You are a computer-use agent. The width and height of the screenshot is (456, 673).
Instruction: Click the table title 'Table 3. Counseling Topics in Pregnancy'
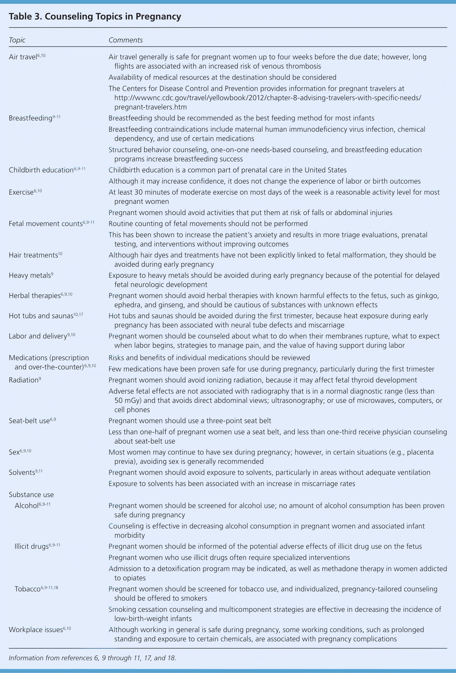pos(95,17)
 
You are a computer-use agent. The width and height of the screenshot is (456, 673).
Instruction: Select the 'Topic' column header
pos(17,40)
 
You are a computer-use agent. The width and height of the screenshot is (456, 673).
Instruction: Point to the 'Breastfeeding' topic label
pos(30,118)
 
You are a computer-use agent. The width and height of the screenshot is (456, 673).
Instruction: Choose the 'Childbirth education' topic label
pos(41,170)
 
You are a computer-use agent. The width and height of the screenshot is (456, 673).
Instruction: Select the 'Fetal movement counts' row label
pos(45,224)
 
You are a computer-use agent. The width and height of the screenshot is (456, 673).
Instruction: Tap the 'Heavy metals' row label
pos(30,275)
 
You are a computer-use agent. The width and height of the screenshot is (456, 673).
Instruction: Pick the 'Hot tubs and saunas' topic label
pos(41,316)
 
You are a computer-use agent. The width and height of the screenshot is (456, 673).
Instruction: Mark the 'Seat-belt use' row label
pos(29,421)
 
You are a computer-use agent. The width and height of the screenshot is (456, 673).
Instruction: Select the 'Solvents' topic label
pos(22,473)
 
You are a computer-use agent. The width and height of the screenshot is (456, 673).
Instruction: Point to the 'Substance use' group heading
pos(31,495)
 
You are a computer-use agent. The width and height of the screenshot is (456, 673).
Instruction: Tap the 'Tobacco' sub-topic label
pos(27,589)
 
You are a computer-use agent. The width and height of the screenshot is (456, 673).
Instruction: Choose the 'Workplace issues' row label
pos(36,630)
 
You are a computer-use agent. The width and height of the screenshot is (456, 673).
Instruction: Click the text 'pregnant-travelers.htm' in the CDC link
pos(150,107)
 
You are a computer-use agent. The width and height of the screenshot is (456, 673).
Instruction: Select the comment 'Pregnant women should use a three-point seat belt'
pos(190,421)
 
